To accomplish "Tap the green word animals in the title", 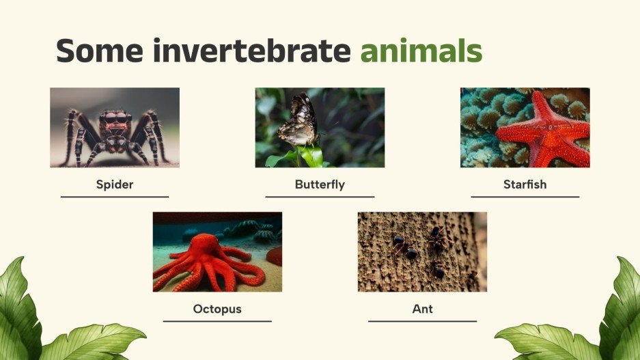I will [421, 51].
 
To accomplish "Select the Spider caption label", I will [115, 184].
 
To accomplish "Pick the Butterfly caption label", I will [320, 184].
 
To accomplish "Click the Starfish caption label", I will [525, 184].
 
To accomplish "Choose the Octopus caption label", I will [217, 309].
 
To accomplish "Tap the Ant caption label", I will [422, 309].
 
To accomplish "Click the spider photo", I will [115, 128].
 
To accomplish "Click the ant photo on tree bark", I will [422, 252].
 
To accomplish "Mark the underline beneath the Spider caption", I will [115, 197].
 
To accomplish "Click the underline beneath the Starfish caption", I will [525, 197].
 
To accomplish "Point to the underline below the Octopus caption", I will [217, 321].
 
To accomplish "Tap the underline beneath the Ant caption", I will [422, 321].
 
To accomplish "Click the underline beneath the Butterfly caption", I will [320, 197].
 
